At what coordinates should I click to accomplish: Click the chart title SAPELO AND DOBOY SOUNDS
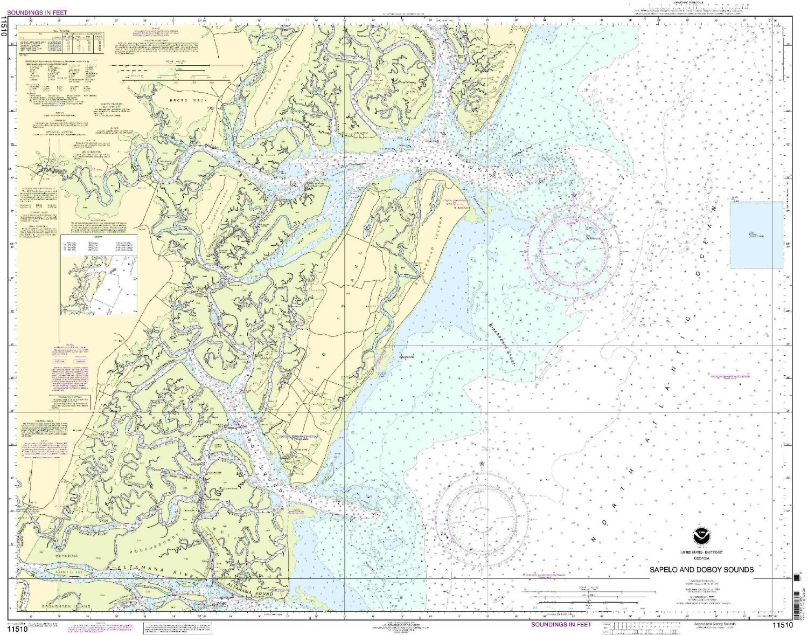point(701,569)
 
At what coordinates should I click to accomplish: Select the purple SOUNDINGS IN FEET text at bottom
point(561,624)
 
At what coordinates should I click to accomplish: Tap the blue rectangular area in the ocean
point(756,234)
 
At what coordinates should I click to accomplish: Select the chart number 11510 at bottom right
point(782,625)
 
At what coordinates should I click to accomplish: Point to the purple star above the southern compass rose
point(482,464)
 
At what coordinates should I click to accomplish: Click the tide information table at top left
point(61,41)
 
